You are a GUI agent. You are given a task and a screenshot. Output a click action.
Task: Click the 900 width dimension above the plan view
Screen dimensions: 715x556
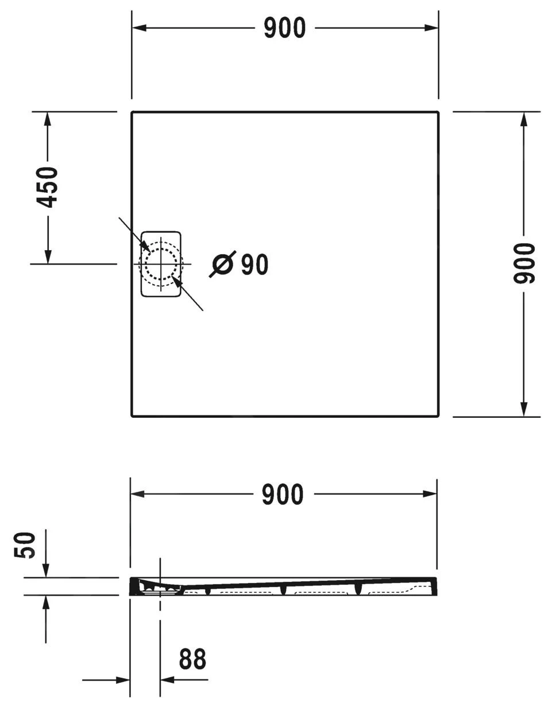pyautogui.click(x=284, y=28)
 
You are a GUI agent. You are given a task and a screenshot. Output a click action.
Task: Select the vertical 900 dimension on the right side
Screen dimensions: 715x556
pyautogui.click(x=524, y=263)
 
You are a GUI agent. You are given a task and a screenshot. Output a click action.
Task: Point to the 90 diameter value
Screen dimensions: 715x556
pyautogui.click(x=254, y=265)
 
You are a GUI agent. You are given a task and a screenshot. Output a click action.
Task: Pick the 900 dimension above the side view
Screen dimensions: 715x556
pyautogui.click(x=283, y=495)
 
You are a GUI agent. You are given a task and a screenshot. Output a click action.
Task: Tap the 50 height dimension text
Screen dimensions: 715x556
pyautogui.click(x=26, y=545)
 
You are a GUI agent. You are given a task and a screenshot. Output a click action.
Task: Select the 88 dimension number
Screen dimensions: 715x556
pyautogui.click(x=192, y=659)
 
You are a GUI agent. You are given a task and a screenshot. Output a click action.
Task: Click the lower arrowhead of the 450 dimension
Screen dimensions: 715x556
pyautogui.click(x=48, y=256)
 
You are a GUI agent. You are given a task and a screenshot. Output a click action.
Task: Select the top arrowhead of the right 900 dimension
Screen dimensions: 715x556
pyautogui.click(x=524, y=120)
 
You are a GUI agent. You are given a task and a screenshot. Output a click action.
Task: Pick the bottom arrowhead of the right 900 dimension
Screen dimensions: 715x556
pyautogui.click(x=524, y=408)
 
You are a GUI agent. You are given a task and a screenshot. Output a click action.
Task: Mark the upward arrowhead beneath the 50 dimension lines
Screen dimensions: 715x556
pyautogui.click(x=46, y=603)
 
